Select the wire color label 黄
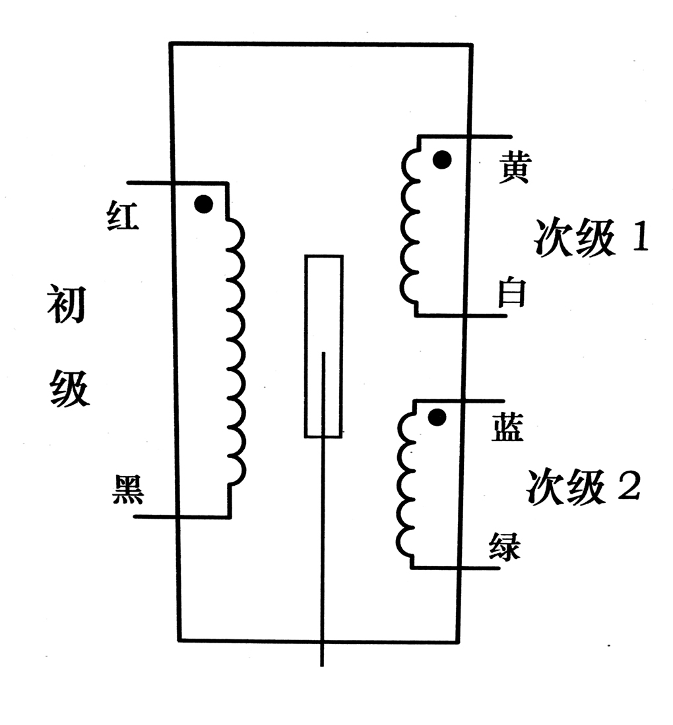click(513, 168)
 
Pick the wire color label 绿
click(505, 546)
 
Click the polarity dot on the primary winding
click(204, 204)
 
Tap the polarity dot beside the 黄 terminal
click(442, 159)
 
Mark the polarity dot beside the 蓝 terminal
click(436, 417)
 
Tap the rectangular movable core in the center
click(323, 346)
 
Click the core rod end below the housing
click(322, 662)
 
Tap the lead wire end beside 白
click(504, 316)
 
